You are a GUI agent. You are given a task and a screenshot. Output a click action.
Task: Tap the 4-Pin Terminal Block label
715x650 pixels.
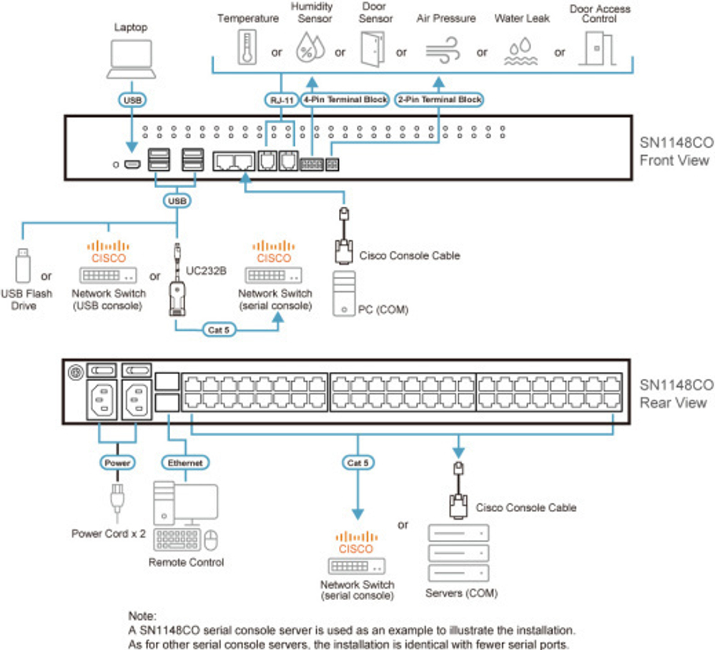click(x=345, y=99)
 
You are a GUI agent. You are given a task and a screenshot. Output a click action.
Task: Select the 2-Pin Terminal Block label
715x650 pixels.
click(x=438, y=99)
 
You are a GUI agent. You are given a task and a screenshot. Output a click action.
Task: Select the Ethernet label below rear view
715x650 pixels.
click(x=185, y=463)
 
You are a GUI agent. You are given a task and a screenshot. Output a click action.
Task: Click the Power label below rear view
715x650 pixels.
click(x=117, y=463)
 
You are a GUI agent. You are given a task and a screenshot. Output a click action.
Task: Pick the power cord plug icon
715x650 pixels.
click(x=116, y=500)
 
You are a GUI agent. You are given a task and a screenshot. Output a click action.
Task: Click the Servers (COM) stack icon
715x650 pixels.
click(x=458, y=554)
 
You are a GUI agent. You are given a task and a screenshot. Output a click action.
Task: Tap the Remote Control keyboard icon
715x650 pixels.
click(x=178, y=539)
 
